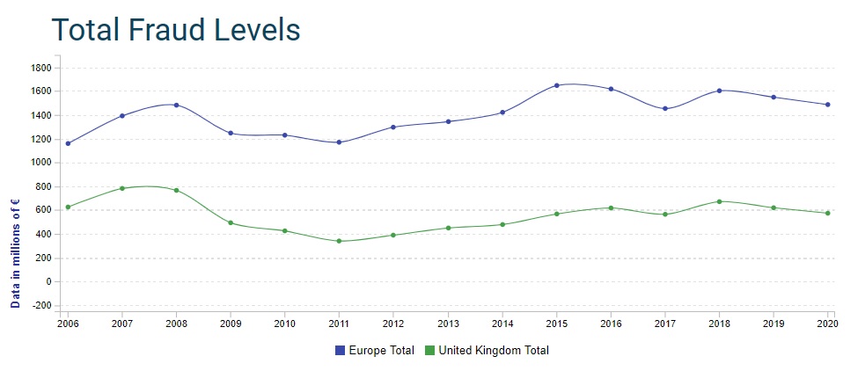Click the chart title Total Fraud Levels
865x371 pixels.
point(176,30)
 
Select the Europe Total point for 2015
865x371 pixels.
point(556,85)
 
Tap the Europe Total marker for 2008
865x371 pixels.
point(176,105)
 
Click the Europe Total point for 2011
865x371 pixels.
point(339,142)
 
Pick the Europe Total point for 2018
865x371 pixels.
point(719,91)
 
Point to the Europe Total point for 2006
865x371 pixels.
point(68,143)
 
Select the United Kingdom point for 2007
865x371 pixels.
point(122,188)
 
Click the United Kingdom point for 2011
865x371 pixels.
point(339,241)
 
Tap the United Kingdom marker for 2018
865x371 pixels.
point(719,201)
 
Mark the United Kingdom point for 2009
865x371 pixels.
point(231,222)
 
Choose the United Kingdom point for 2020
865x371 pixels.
point(827,213)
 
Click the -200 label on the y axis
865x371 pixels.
point(40,306)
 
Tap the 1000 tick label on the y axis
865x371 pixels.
point(41,163)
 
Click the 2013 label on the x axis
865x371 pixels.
point(448,324)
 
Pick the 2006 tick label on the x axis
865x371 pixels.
point(68,324)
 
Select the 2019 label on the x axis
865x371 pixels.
point(773,324)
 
